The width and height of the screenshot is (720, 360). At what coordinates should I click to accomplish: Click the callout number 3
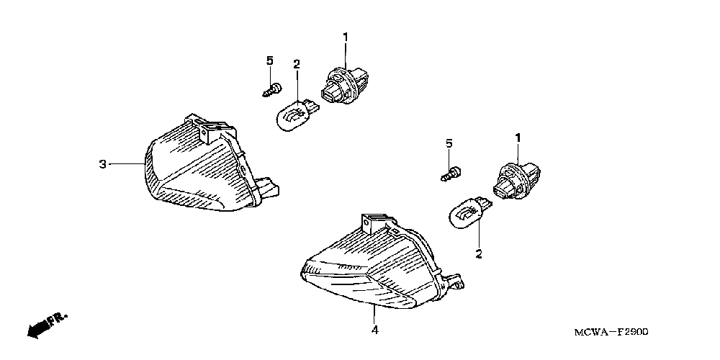[102, 165]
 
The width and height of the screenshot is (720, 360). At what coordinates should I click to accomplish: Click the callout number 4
[374, 330]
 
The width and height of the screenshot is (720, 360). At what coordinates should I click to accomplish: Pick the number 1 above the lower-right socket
[516, 137]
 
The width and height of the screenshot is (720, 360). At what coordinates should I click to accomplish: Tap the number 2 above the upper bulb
[296, 65]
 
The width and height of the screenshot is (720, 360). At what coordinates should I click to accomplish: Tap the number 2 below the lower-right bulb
[477, 253]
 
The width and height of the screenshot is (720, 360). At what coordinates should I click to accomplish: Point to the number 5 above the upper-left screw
[269, 60]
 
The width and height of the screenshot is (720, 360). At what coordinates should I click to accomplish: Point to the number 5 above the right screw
[449, 143]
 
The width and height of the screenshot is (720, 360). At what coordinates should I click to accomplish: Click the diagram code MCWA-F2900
[613, 332]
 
